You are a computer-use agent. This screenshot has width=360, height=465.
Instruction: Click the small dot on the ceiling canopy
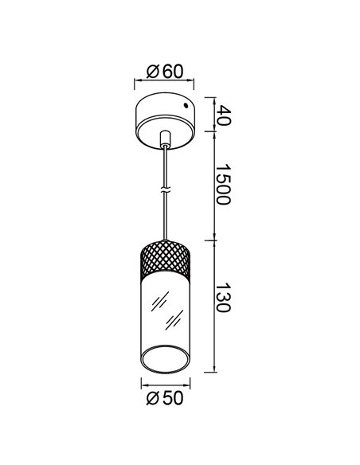pos(187,105)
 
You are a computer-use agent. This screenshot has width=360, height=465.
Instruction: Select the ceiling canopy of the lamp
pos(165,116)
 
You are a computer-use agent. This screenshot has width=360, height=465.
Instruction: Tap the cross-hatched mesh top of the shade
pos(165,257)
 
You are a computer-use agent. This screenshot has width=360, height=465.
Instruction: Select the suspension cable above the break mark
pos(165,167)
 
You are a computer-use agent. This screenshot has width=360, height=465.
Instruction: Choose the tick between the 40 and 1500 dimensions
pos(213,132)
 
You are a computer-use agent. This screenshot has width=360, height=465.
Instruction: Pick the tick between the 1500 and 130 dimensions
pos(213,239)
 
